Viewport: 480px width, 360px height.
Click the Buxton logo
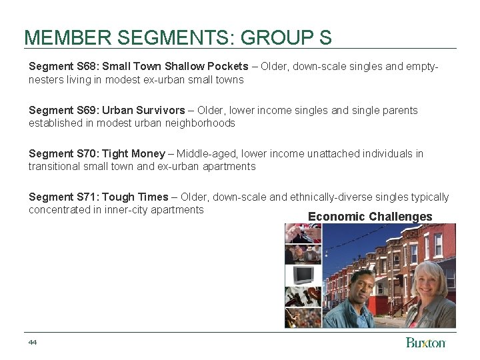[x=425, y=343]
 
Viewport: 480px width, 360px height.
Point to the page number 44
[x=33, y=342]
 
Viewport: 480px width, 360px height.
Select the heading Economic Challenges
[x=370, y=217]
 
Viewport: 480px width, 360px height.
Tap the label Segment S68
[x=63, y=67]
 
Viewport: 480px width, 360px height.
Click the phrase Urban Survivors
[x=143, y=110]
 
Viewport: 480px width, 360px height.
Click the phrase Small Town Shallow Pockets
[x=175, y=67]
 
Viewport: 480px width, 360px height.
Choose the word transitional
[x=55, y=167]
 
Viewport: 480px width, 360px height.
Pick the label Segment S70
[x=63, y=154]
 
